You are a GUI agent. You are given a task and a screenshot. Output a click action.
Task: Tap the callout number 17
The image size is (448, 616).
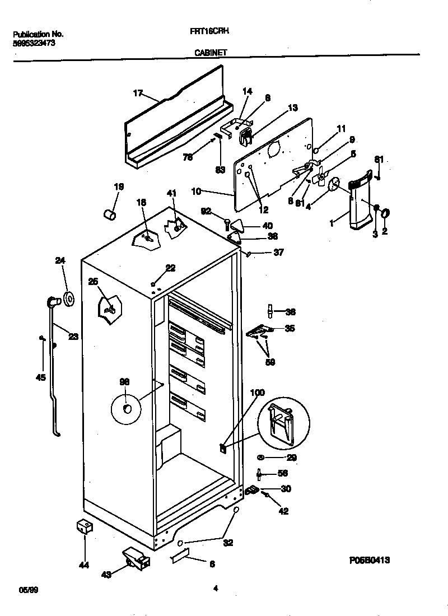pyautogui.click(x=138, y=93)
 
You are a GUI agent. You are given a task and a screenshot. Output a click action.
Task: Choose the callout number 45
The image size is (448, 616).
pyautogui.click(x=40, y=377)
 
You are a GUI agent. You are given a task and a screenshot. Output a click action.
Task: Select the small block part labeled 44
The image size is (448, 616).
pyautogui.click(x=83, y=527)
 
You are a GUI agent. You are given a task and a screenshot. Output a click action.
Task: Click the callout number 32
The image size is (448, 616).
pyautogui.click(x=228, y=542)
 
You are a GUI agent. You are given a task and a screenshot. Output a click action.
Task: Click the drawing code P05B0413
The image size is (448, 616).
pyautogui.click(x=370, y=559)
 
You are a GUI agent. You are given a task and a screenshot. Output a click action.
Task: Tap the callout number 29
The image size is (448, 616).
pyautogui.click(x=291, y=458)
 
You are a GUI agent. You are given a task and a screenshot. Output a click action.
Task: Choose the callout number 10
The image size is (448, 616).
pyautogui.click(x=196, y=192)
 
